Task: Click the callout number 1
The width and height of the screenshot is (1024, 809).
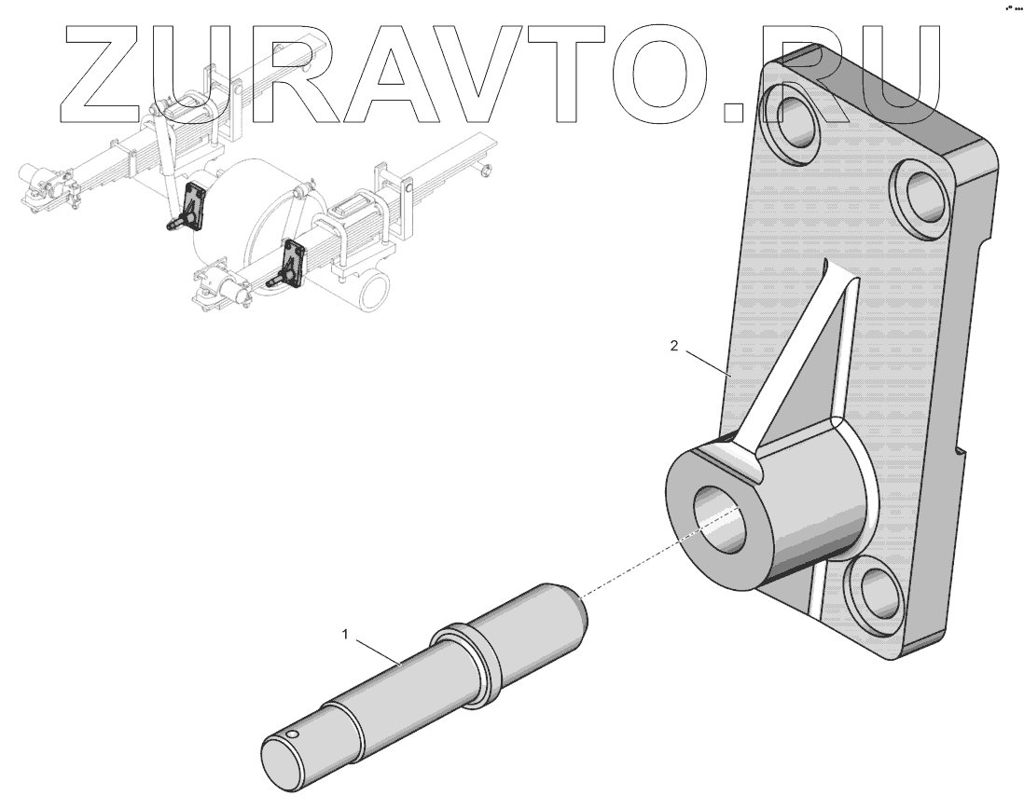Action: [345, 634]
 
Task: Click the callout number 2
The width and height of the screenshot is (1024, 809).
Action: [673, 345]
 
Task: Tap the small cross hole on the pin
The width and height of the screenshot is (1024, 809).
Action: [293, 736]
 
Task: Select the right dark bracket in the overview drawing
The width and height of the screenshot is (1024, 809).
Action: [294, 261]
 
